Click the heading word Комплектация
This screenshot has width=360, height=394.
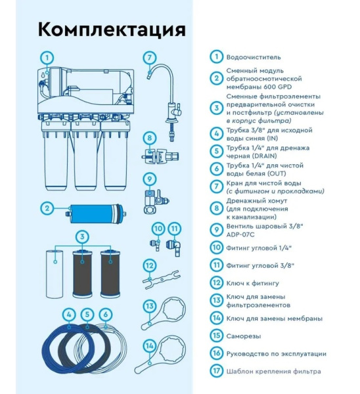(x=111, y=30)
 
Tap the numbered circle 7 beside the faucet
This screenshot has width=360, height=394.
(x=150, y=57)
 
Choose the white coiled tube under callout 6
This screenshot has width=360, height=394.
(x=108, y=342)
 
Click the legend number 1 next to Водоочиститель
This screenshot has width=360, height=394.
(x=217, y=57)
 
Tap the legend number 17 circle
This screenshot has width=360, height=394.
(x=217, y=371)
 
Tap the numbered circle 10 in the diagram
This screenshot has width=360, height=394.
(x=158, y=229)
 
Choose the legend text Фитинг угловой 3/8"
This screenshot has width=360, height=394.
(x=259, y=265)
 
